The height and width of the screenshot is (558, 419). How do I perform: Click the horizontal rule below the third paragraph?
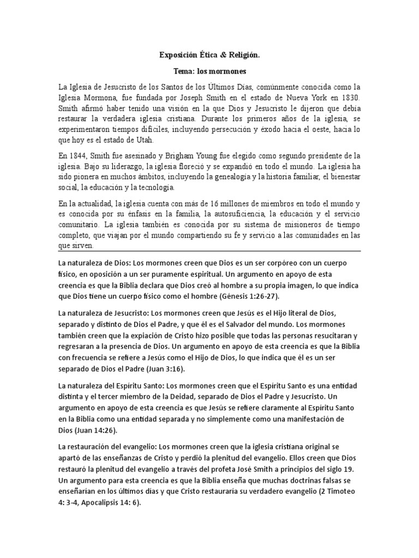209,251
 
